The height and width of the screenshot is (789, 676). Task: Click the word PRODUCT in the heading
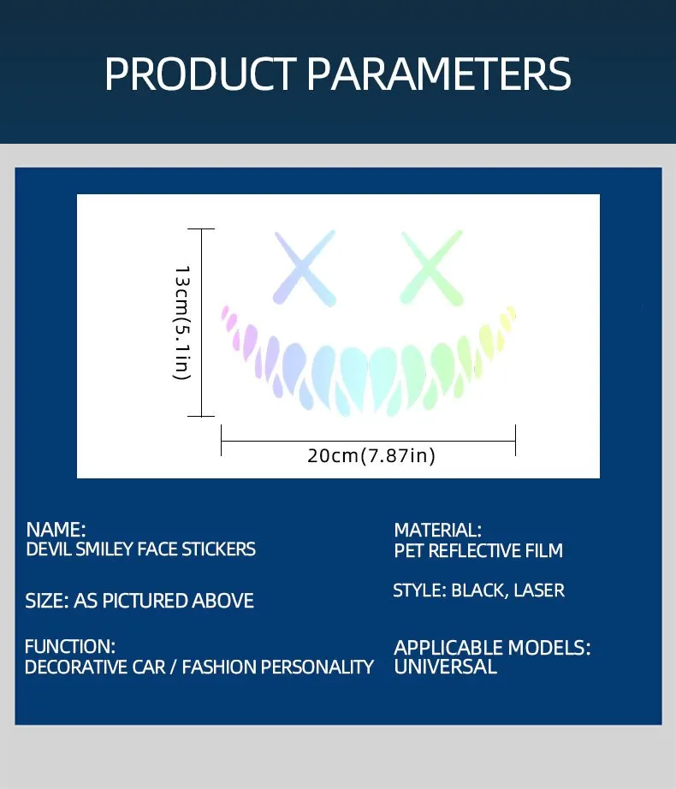tap(200, 74)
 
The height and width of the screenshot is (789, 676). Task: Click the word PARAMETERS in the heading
tap(439, 74)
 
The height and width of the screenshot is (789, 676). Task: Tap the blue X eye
tap(305, 268)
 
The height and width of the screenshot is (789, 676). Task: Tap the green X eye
tap(431, 268)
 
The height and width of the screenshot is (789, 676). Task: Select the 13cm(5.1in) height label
tap(181, 323)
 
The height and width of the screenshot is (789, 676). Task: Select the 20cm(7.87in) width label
tap(371, 455)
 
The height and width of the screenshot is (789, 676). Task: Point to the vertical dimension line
tap(201, 323)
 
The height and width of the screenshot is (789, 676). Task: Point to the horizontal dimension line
tap(368, 441)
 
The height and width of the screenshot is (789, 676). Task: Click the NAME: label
tap(56, 530)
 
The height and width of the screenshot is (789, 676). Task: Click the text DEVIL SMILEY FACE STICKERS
tap(141, 549)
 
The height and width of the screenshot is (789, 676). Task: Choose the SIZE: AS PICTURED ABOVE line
tap(139, 601)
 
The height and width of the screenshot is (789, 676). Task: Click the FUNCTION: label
tap(70, 647)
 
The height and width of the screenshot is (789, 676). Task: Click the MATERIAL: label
tap(437, 530)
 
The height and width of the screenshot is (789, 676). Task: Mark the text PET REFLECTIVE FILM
tap(478, 550)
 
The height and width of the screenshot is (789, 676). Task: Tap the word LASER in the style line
tap(539, 590)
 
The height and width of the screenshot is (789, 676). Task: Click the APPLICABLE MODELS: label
tap(492, 648)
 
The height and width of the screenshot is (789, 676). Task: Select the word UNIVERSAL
tap(445, 667)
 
